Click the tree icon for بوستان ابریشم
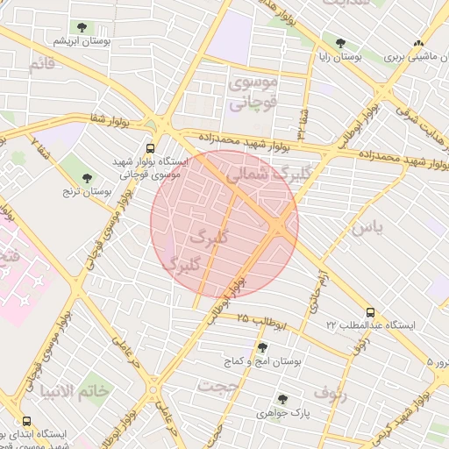(82, 28)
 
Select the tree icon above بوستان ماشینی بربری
(418, 43)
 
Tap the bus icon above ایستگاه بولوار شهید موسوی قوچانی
(151, 148)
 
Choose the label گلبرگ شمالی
(261, 173)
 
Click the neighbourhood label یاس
(367, 229)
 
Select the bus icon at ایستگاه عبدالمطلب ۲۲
(370, 311)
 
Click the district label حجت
(218, 386)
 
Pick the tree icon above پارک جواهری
(282, 399)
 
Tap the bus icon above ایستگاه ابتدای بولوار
(27, 421)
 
